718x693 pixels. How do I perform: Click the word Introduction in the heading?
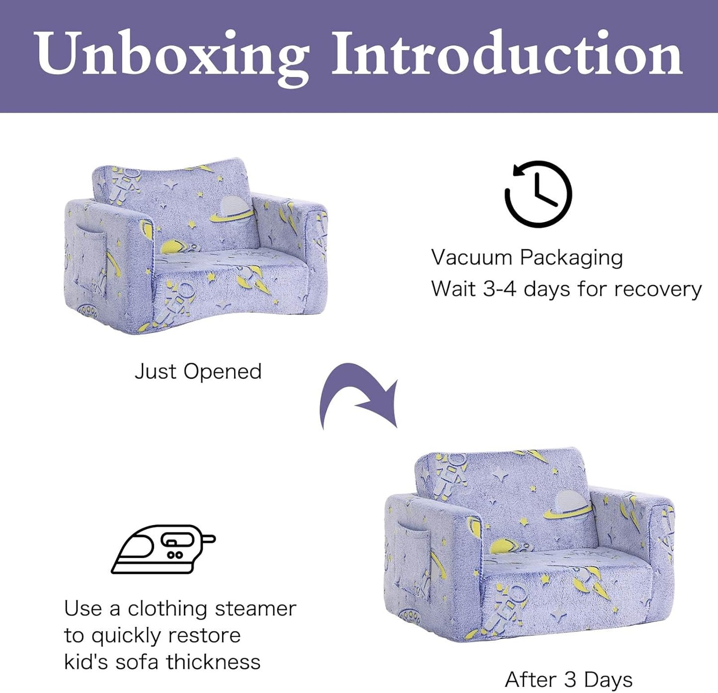507,54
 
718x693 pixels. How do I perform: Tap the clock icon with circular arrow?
538,194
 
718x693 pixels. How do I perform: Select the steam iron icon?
162,549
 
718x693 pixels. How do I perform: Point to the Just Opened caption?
198,372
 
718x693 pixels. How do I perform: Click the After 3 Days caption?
568,680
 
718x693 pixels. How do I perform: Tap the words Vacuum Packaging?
527,257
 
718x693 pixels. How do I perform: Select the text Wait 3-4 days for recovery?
566,289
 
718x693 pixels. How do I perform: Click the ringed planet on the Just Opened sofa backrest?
232,209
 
